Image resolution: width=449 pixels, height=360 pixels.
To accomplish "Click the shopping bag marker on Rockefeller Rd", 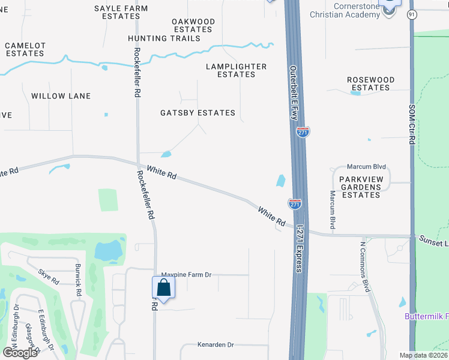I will click(163, 288).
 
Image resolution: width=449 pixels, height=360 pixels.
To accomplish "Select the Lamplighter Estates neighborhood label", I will click(236, 70).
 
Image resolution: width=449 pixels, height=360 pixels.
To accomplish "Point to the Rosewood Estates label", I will click(370, 83).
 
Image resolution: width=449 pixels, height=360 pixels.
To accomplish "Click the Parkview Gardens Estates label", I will click(360, 187).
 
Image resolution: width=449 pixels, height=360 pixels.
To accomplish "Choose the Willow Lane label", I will click(61, 96).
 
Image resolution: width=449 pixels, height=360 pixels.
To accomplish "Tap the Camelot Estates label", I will click(25, 49).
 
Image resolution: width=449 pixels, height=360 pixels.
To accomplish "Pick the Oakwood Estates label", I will click(193, 25).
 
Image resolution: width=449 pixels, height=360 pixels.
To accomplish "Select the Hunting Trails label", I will click(164, 38).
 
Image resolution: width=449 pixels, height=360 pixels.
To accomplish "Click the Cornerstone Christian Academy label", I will click(345, 10).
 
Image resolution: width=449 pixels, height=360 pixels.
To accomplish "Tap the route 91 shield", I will click(411, 14).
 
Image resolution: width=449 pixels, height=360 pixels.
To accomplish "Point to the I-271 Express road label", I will click(298, 247).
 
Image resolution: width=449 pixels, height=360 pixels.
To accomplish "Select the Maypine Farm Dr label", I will click(187, 275).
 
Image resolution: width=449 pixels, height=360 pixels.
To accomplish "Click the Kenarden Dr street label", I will click(215, 345).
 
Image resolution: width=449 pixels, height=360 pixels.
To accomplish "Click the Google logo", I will click(20, 352).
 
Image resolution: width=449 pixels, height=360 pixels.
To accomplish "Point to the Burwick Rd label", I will click(78, 280).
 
